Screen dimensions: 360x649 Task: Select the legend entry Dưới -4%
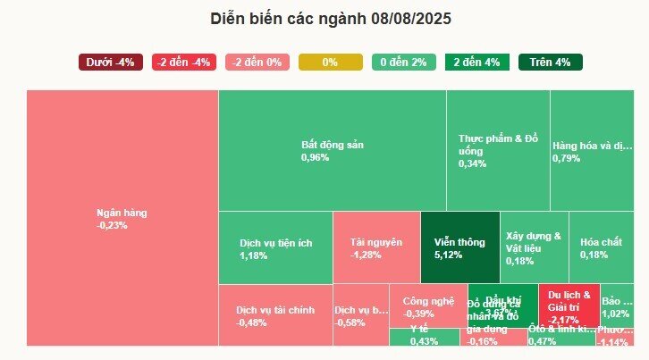110,63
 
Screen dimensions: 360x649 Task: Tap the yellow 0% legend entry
330,63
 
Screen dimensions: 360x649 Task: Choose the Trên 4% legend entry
550,63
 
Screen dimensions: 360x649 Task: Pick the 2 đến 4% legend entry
476,63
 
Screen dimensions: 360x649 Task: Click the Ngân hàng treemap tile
122,218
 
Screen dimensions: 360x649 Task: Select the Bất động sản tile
332,150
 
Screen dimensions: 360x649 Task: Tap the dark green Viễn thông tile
459,247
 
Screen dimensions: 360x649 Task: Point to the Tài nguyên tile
376,247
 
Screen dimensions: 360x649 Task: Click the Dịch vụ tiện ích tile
275,247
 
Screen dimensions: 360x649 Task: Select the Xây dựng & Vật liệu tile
533,247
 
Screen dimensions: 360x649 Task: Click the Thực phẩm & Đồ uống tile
498,150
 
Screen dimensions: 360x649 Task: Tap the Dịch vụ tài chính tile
275,315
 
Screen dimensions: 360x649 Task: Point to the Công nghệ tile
426,306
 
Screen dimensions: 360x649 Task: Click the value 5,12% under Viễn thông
448,255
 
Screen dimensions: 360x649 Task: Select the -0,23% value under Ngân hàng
113,226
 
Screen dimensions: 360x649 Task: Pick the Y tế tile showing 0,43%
424,337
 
